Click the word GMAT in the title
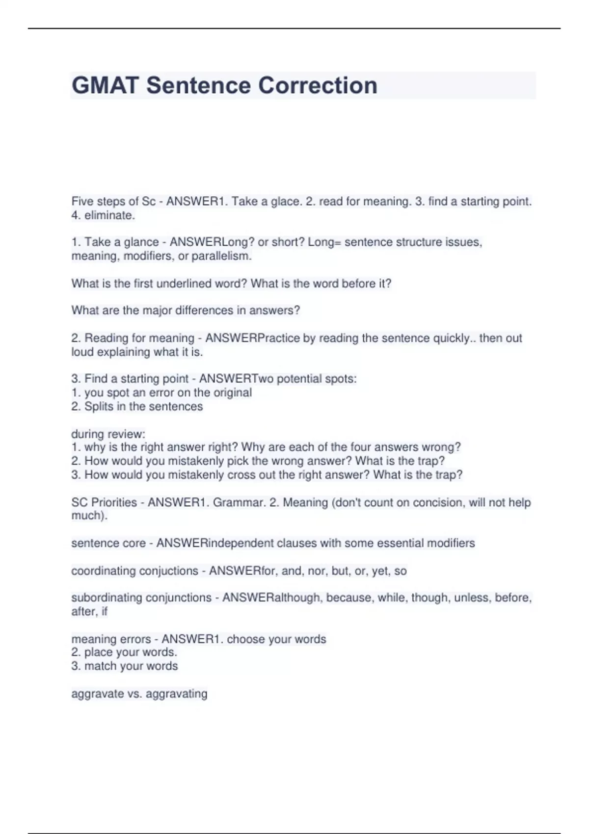pyautogui.click(x=105, y=85)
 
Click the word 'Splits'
pyautogui.click(x=99, y=407)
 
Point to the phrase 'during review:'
pyautogui.click(x=108, y=434)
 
